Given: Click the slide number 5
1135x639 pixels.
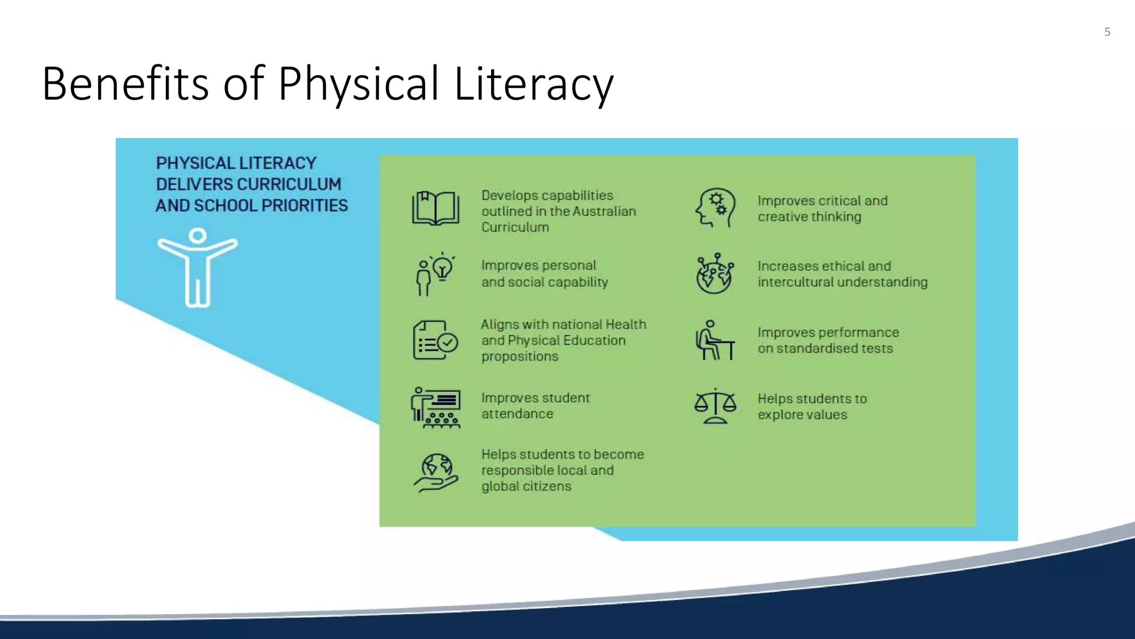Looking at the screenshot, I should [1107, 32].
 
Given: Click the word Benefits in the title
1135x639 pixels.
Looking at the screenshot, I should [125, 84].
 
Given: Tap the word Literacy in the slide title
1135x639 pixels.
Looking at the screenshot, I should [534, 84].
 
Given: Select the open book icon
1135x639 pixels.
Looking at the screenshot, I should [436, 209].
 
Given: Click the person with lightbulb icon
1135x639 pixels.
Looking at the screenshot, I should [436, 274].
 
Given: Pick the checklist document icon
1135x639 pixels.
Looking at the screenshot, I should [436, 340].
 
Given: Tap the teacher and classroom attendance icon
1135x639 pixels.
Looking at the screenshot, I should [436, 408].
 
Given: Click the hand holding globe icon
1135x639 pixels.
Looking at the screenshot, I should [436, 473].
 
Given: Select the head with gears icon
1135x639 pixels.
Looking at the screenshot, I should [715, 208].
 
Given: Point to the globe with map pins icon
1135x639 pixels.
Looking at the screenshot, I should [715, 273].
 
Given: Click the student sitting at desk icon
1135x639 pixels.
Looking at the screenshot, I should [715, 340].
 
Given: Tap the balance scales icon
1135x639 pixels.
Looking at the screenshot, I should [715, 406].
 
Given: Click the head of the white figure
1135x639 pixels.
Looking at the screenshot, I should [197, 236].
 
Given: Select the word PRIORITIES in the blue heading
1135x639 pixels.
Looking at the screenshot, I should [304, 206].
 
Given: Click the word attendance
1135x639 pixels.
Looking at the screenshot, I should [517, 414].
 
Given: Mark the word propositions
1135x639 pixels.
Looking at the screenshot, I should [520, 357].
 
